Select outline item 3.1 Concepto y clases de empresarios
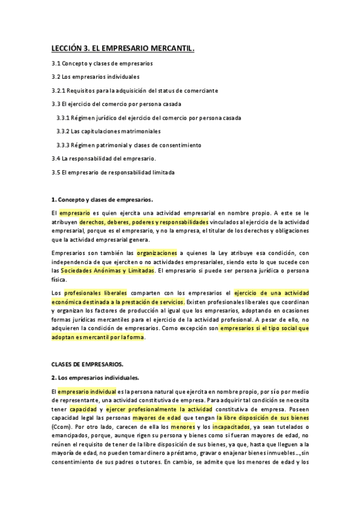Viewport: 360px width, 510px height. pyautogui.click(x=102, y=63)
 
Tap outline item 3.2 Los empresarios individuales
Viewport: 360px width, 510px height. pyautogui.click(x=96, y=77)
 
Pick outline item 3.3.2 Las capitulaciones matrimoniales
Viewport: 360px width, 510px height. pyautogui.click(x=108, y=131)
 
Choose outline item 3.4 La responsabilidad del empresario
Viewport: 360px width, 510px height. pyautogui.click(x=104, y=158)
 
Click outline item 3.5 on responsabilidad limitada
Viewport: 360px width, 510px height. pyautogui.click(x=113, y=172)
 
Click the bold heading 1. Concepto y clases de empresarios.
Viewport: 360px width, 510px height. pyautogui.click(x=102, y=199)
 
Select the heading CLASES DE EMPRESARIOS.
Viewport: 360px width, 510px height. pyautogui.click(x=87, y=364)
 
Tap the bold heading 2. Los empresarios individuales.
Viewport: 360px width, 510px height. pyautogui.click(x=95, y=378)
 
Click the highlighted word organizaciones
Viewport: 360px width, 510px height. pyautogui.click(x=157, y=253)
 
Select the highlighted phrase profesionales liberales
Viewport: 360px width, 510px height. pyautogui.click(x=92, y=292)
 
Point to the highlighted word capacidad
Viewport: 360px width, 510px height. pyautogui.click(x=83, y=408)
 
